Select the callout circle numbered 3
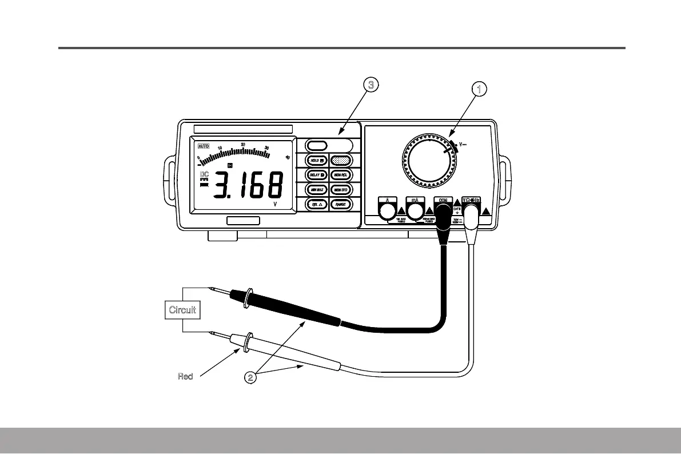(371, 85)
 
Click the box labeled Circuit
(182, 310)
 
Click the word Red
(185, 376)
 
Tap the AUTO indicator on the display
(204, 146)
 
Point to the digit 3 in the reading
(224, 186)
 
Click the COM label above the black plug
(443, 200)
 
